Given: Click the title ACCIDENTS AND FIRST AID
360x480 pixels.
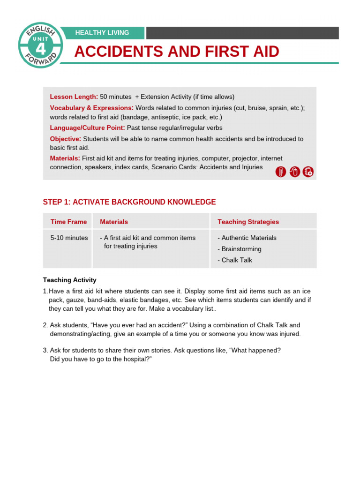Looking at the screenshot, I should click(x=177, y=52).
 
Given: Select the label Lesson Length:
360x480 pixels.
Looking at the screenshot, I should click(x=74, y=97).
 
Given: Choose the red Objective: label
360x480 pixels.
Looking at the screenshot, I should click(x=66, y=139).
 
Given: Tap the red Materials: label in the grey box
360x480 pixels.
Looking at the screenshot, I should click(x=65, y=158).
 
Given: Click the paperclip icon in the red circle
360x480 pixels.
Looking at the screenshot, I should click(x=281, y=172).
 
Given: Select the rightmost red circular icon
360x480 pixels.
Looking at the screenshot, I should click(x=308, y=172).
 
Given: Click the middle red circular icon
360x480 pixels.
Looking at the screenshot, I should click(x=294, y=172).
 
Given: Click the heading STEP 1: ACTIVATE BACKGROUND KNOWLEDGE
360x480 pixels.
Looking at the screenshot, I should click(x=129, y=202).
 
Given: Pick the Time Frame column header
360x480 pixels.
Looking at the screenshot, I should click(x=68, y=222).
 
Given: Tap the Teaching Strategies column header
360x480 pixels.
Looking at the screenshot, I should click(x=248, y=222).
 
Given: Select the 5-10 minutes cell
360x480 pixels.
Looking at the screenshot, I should click(x=69, y=238).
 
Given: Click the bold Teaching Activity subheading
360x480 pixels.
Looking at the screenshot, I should click(x=70, y=280).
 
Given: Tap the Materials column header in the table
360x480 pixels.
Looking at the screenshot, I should click(x=114, y=222).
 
